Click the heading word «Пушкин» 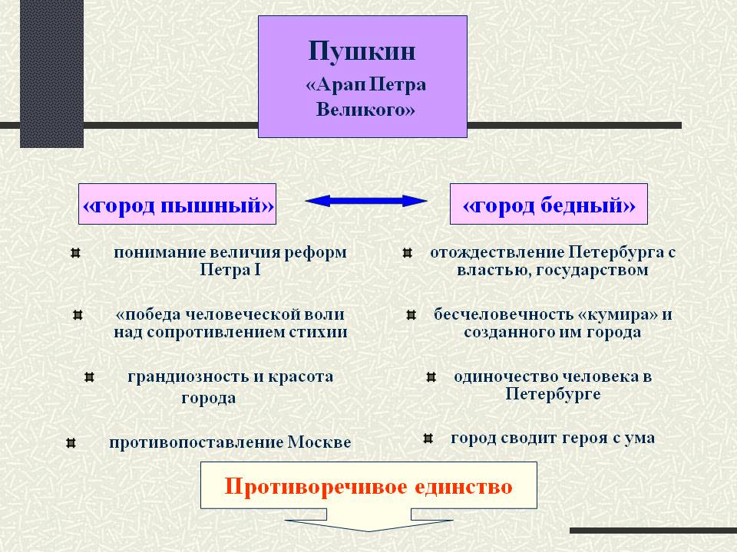362,51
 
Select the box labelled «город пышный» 177,204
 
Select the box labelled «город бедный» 548,204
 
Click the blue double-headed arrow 366,201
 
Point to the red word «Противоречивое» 316,487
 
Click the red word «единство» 464,487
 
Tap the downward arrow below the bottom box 369,520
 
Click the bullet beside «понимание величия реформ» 76,254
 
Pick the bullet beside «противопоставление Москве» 71,442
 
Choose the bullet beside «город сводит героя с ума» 428,439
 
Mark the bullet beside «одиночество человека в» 431,377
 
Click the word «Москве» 319,442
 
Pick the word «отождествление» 497,252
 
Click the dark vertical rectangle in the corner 51,74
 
